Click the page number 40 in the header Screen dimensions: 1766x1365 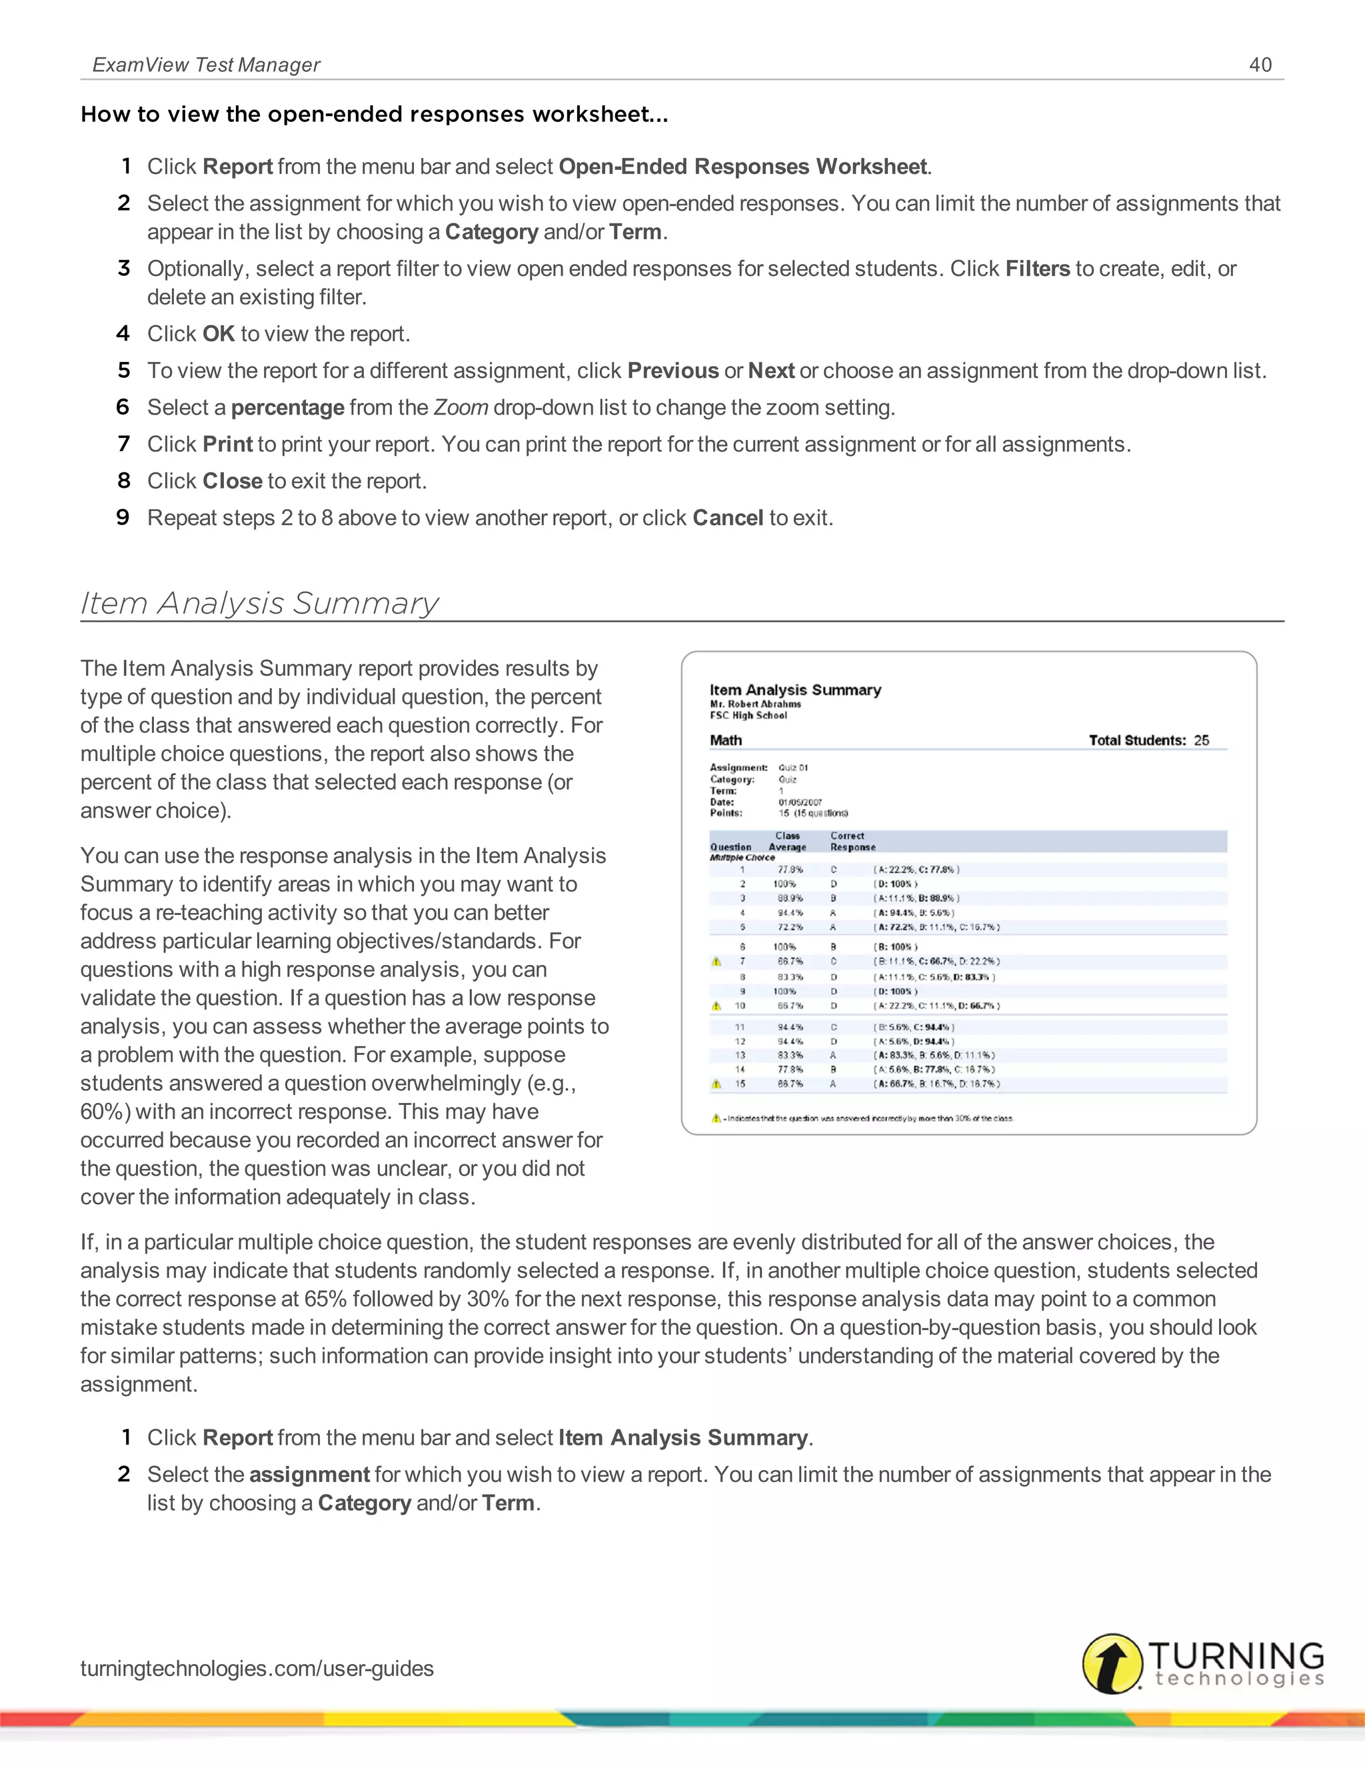(x=1260, y=65)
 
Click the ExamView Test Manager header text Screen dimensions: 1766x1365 (x=206, y=65)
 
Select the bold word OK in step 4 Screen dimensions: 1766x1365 (x=219, y=334)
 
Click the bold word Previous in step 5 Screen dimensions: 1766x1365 (x=672, y=371)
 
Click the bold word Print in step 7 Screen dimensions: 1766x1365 (x=227, y=444)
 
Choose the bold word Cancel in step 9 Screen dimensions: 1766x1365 (x=727, y=518)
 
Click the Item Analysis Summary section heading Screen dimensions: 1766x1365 (x=259, y=603)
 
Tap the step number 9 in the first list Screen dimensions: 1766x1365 (x=123, y=518)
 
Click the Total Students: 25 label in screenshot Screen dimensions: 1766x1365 (x=1148, y=740)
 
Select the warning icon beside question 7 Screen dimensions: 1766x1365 (x=716, y=962)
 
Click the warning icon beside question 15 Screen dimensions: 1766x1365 (x=716, y=1084)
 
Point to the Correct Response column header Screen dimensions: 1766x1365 (x=852, y=842)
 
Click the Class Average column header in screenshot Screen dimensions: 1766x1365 (x=787, y=842)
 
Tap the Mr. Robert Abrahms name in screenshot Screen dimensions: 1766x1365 (x=755, y=704)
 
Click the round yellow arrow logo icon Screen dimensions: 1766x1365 (x=1112, y=1663)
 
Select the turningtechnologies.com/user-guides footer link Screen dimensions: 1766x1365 (x=257, y=1667)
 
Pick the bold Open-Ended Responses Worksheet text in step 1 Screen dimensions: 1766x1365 (x=742, y=167)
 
